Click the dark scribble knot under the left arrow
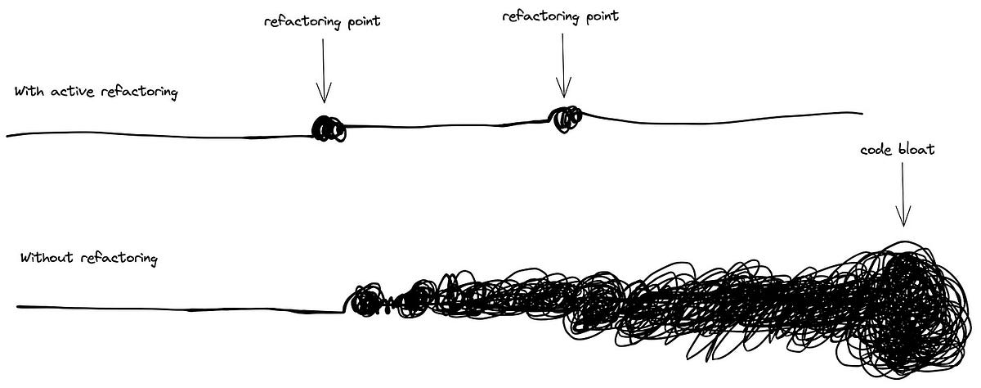[x=329, y=129]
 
